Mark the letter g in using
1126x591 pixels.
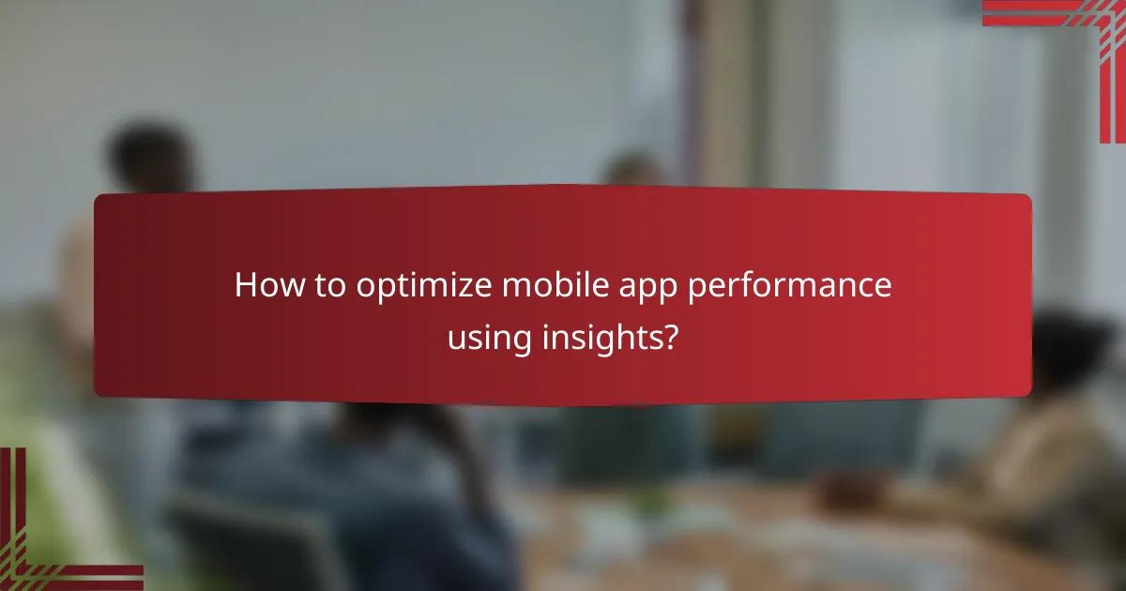(527, 339)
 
